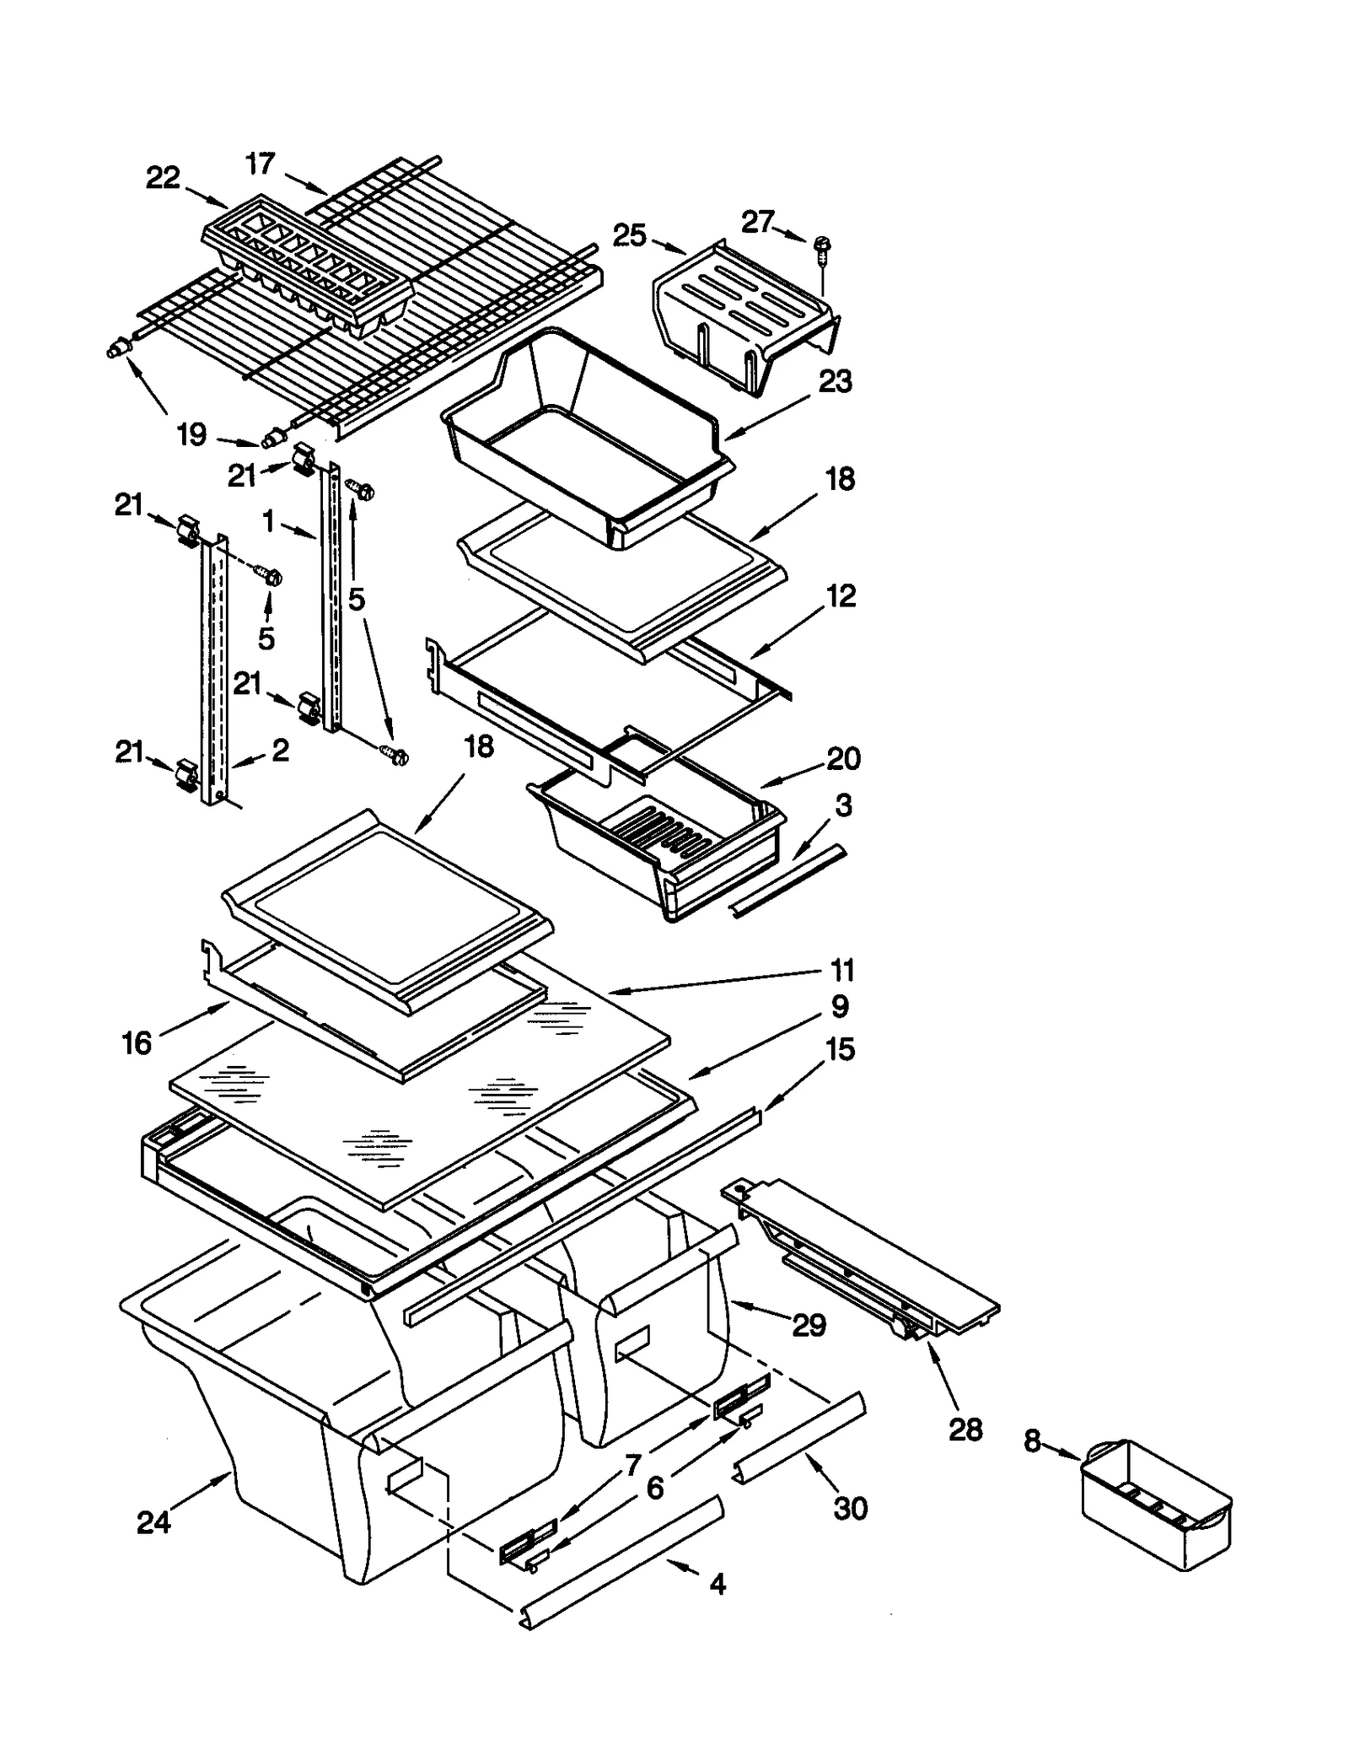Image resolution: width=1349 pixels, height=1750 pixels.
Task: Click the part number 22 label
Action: pos(163,178)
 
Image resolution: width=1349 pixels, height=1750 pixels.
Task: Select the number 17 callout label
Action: pos(261,163)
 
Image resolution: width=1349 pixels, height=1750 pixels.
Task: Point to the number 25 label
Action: pos(630,235)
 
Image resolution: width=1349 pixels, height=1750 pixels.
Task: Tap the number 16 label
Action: pos(137,1043)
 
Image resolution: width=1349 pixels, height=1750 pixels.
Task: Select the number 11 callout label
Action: pos(842,970)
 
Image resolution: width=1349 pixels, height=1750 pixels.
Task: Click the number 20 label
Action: pos(843,758)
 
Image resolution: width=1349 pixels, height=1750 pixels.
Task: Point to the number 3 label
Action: pos(843,805)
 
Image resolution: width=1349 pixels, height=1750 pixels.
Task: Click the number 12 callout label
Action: pos(841,596)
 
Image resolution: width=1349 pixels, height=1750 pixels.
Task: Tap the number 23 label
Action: pos(836,381)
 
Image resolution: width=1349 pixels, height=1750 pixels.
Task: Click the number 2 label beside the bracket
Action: pos(280,750)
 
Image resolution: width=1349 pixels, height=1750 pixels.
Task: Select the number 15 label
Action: pos(841,1049)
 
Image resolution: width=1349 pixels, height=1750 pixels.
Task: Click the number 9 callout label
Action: pos(840,1006)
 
